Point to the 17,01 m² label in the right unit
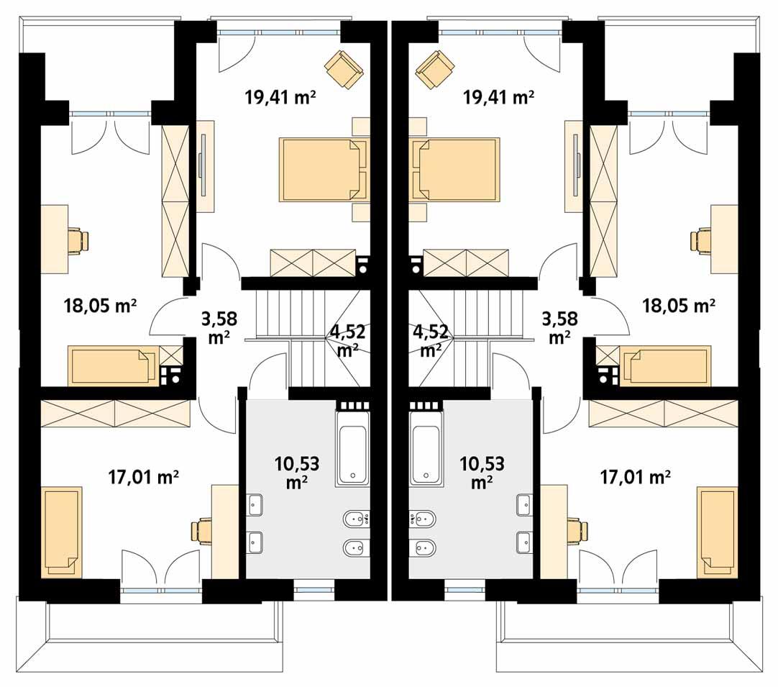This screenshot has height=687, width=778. point(635,476)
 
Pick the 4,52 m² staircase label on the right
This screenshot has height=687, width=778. point(431,340)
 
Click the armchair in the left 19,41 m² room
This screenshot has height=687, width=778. point(344,69)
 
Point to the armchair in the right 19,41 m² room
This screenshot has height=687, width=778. point(435,69)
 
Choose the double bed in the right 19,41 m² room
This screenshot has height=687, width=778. point(454,170)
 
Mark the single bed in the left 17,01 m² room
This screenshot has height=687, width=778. point(63,532)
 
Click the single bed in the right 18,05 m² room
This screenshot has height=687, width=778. point(665,365)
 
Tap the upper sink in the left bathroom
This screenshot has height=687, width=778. point(255,505)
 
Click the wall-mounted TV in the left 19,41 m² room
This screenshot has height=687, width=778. point(205,164)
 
